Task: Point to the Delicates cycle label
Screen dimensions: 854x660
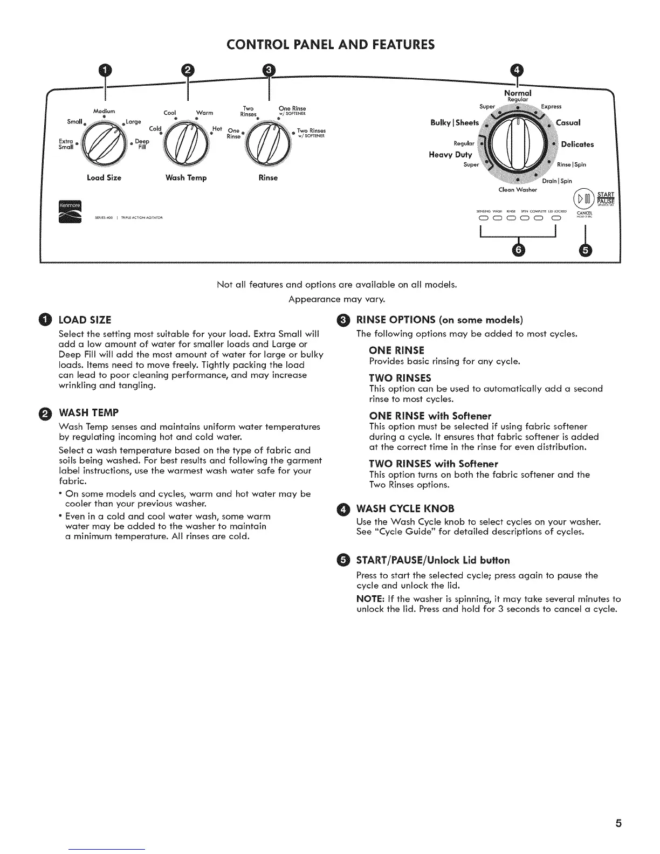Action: [577, 144]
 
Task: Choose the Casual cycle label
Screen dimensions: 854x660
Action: [568, 122]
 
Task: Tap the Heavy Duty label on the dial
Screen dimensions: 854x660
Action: [450, 155]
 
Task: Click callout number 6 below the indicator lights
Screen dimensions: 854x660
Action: [519, 250]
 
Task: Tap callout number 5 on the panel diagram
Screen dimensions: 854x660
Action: [585, 250]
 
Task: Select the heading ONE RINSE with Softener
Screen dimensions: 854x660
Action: [430, 416]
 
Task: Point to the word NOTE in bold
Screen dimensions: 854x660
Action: [369, 598]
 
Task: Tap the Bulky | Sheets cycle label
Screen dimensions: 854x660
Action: [455, 122]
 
